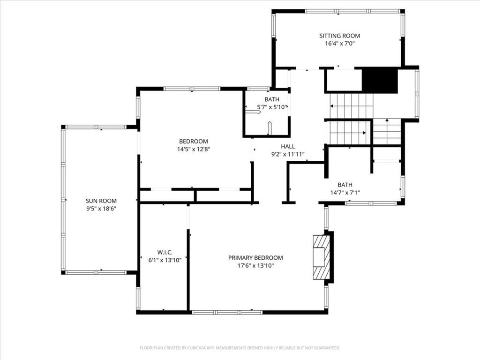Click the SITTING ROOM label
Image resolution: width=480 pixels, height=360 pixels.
(339, 36)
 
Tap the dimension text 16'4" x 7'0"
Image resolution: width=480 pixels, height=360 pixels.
(339, 44)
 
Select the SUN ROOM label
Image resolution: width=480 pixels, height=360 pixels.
(101, 201)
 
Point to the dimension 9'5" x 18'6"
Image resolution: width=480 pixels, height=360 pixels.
(101, 209)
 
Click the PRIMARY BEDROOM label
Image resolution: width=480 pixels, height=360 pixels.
(255, 258)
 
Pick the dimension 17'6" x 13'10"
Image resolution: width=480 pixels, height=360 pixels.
(255, 266)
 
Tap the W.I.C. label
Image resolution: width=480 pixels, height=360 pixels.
(165, 253)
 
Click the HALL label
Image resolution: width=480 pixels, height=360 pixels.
(288, 147)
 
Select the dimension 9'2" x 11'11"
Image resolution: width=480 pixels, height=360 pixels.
(288, 154)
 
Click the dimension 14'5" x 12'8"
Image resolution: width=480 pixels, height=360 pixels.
(194, 150)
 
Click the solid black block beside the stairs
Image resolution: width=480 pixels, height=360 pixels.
(380, 80)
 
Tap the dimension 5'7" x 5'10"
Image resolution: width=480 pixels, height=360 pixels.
(272, 107)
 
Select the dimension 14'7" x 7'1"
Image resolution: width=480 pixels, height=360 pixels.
(345, 193)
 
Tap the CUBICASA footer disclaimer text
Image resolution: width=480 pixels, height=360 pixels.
(240, 348)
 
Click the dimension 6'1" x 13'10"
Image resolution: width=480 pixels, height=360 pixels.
(165, 260)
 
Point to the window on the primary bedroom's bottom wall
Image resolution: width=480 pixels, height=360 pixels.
(227, 312)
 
